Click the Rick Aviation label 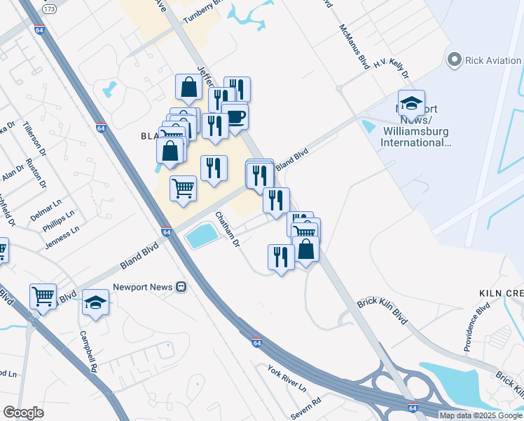coord(493,60)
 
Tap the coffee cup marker coord(235,116)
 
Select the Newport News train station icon coord(181,287)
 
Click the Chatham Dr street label coord(228,229)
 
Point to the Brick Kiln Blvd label coord(382,306)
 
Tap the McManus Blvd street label coord(354,48)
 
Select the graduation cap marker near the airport coord(411,103)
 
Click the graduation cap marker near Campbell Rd coord(95,303)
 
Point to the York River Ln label coord(287,377)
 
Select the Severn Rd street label coord(306,410)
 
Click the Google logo coord(23,413)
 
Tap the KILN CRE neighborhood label coord(501,291)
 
